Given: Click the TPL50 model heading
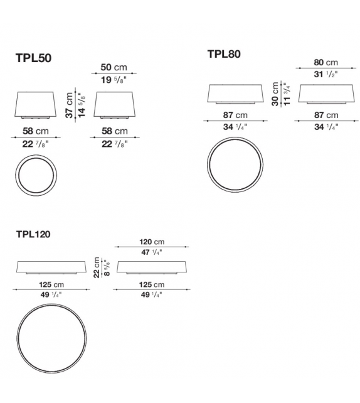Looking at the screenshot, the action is pos(34,58).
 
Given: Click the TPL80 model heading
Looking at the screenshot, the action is pos(224,54).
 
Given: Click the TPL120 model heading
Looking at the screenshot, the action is pos(33,234).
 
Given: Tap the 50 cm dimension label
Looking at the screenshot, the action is pos(114,67).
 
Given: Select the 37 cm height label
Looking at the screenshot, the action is pos(69,105).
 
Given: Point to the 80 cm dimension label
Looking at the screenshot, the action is pos(326,62).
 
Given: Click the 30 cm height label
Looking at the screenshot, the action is pos(275,94).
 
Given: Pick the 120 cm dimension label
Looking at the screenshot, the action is pos(152,242).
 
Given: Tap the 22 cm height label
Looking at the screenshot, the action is pos(97,267).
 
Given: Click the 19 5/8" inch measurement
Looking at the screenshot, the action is pos(114,80).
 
